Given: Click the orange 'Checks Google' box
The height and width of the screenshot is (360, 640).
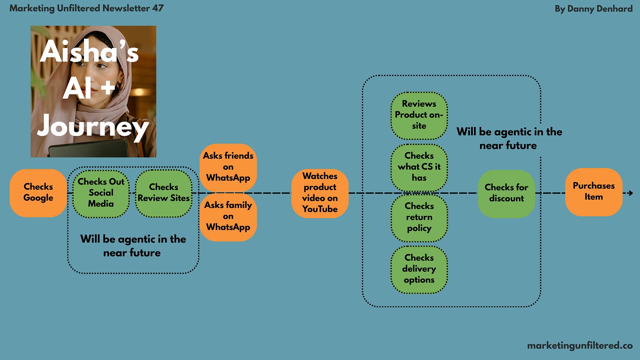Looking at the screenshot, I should tap(38, 193).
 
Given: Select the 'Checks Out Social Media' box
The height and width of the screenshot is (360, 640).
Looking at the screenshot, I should tap(101, 193).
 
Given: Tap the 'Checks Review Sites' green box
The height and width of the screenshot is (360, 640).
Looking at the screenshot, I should tap(164, 193).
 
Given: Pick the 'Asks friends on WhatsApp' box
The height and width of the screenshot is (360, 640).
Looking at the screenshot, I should tap(228, 167).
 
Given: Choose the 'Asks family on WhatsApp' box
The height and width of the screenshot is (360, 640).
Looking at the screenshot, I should tap(228, 216).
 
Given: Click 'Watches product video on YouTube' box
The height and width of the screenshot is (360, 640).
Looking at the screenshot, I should tap(320, 193).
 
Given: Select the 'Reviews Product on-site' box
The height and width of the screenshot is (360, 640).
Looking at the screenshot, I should tap(419, 115).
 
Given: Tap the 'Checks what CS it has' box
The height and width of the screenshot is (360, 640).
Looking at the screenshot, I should tap(419, 167).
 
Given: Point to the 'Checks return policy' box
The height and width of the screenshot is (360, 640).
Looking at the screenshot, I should tap(419, 217).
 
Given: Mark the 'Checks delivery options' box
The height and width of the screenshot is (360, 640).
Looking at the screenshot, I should tap(419, 269).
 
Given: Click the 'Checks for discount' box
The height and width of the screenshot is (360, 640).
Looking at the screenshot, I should tap(506, 193).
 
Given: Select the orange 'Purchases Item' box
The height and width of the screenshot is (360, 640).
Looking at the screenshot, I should tap(593, 192).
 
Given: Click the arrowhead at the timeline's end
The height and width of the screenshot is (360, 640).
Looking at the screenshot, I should tap(631, 193).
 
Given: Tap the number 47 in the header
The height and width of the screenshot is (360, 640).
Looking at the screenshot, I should tap(157, 8).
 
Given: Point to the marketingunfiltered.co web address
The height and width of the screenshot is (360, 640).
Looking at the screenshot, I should tap(579, 345).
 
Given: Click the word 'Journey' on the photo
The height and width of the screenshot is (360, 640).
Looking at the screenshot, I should tap(93, 127).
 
